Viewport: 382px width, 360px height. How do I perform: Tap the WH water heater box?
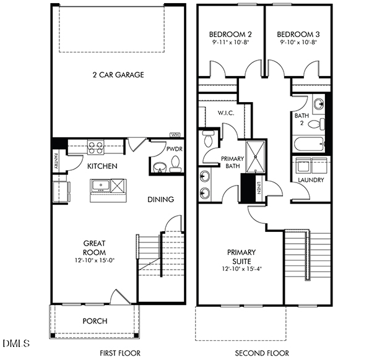point(175,134)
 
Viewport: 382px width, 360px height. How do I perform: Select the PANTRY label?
point(56,158)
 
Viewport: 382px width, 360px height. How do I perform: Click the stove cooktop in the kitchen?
point(96,147)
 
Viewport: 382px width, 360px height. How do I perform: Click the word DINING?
point(160,199)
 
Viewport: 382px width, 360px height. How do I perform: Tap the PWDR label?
point(173,149)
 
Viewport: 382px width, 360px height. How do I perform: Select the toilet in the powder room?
point(175,165)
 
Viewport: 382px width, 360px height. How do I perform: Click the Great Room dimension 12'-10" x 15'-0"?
point(94,260)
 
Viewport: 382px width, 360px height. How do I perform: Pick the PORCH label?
point(95,321)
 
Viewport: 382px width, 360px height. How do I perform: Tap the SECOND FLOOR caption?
point(261,353)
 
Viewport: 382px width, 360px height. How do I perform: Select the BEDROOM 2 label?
point(225,34)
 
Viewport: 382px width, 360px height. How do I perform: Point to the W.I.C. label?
point(225,113)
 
